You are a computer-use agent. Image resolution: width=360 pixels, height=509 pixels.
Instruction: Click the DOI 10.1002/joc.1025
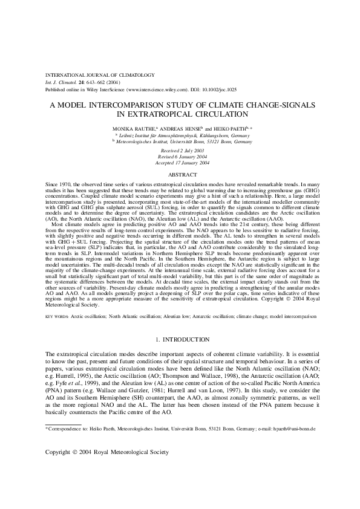216,88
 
